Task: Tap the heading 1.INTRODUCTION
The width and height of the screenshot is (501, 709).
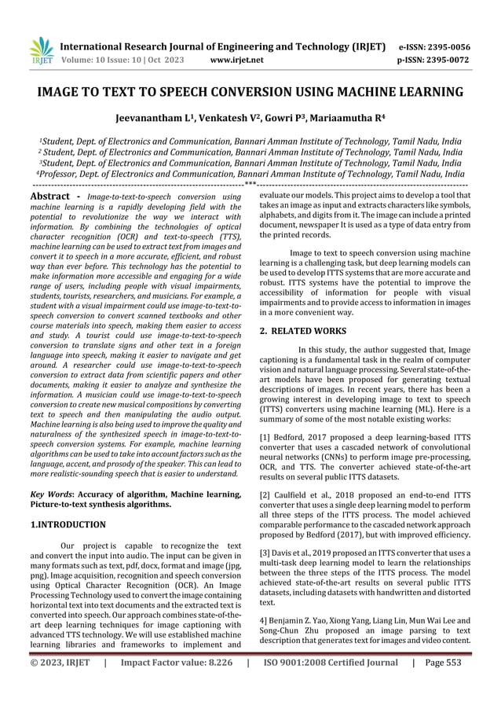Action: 67,523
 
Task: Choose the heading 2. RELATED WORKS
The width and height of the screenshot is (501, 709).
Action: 304,332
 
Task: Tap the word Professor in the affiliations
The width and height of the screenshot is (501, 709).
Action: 63,174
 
